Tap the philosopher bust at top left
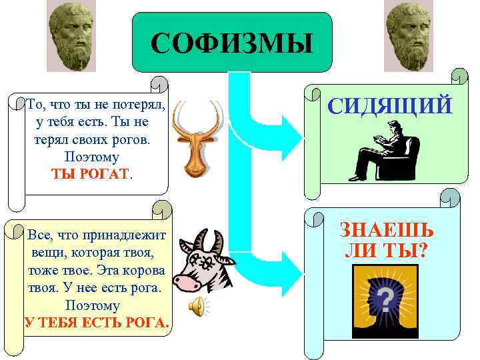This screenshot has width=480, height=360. tap(71, 37)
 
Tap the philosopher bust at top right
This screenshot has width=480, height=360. tap(409, 37)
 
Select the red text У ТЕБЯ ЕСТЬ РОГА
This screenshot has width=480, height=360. tap(97, 323)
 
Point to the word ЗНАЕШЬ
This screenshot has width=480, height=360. tap(387, 230)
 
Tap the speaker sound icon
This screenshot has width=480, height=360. tap(197, 307)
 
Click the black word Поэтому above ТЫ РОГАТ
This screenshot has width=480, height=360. tap(91, 157)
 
